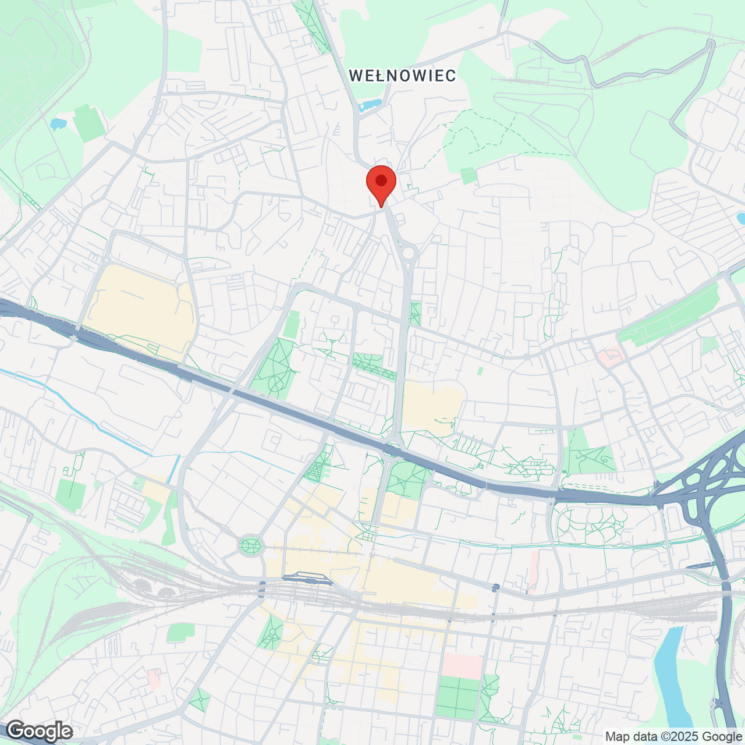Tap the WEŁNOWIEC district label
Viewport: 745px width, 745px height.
(x=402, y=75)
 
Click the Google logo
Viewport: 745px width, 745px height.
(x=39, y=731)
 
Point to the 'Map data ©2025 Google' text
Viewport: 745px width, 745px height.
(x=673, y=736)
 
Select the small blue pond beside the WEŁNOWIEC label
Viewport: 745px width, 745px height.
(x=370, y=105)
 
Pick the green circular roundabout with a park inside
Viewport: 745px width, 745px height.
(x=251, y=546)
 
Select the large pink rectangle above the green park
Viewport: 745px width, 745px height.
(x=463, y=665)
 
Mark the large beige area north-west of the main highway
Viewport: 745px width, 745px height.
(x=140, y=308)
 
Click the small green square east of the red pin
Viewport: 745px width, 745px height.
(x=469, y=175)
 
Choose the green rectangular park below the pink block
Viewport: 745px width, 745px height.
(x=458, y=697)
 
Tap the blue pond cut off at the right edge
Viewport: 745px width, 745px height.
(x=741, y=219)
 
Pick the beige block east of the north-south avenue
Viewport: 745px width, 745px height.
(x=432, y=407)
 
